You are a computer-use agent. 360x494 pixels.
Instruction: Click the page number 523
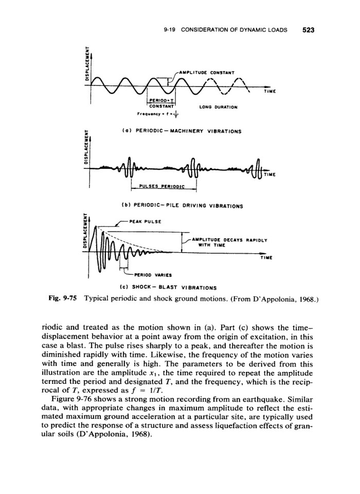click(x=308, y=30)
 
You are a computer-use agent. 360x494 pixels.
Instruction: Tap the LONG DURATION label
click(x=207, y=108)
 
